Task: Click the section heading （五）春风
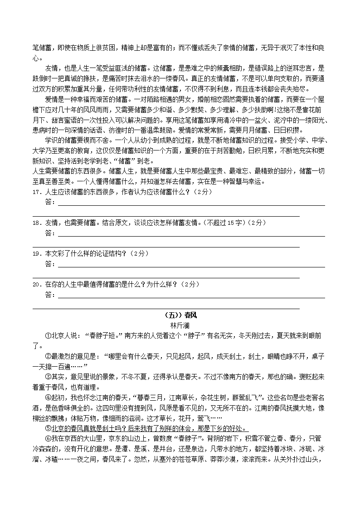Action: pyautogui.click(x=180, y=315)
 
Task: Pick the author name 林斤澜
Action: pyautogui.click(x=180, y=325)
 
